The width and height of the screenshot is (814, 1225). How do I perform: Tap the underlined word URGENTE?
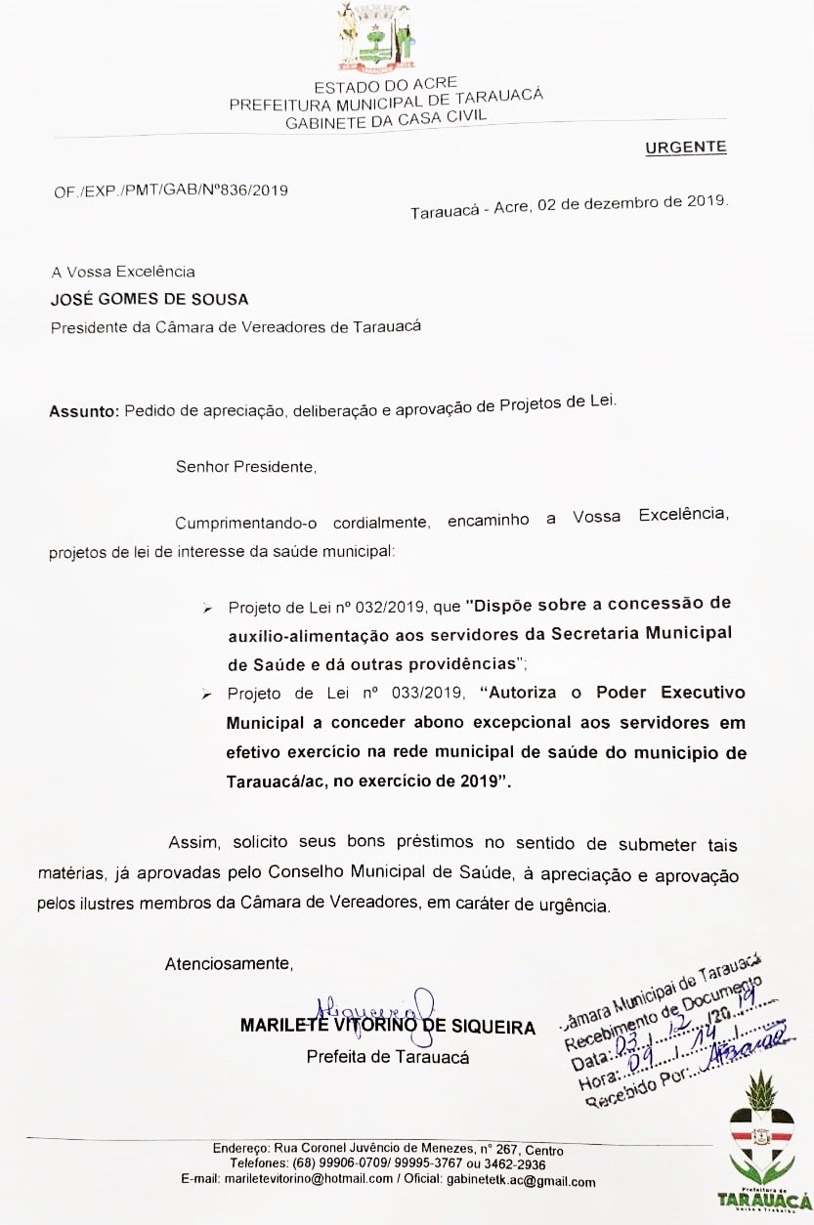[x=686, y=148]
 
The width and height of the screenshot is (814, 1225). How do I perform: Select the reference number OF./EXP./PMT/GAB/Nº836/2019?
[x=171, y=190]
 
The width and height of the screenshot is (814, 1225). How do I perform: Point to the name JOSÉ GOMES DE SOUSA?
[x=136, y=299]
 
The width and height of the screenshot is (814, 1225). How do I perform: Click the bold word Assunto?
[x=84, y=411]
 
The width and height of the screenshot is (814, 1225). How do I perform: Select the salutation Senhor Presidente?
[x=246, y=466]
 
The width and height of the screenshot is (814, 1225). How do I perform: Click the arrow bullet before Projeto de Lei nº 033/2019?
[x=207, y=696]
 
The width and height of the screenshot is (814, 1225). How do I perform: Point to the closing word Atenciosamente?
[x=229, y=964]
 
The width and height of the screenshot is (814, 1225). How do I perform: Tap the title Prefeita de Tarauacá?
[x=388, y=1057]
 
